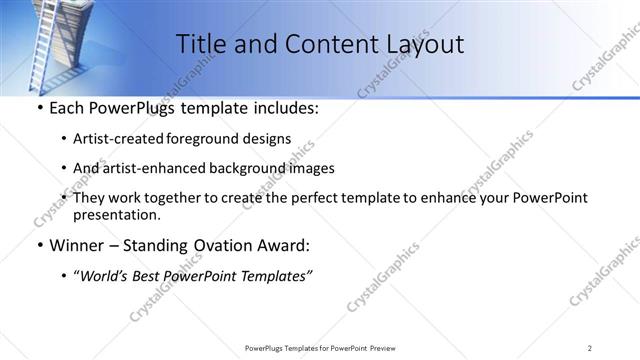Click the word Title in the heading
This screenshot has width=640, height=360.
pyautogui.click(x=201, y=44)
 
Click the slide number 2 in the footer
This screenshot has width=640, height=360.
pyautogui.click(x=590, y=347)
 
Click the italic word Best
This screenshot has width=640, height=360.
pyautogui.click(x=149, y=276)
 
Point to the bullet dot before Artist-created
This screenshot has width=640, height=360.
pyautogui.click(x=64, y=139)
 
